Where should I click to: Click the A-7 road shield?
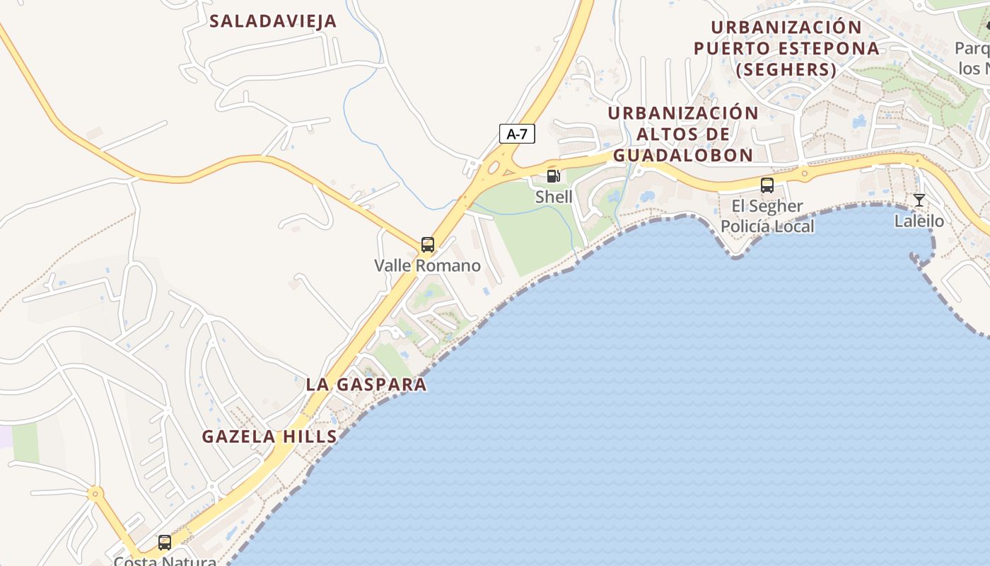click(517, 134)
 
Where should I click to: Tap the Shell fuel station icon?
click(553, 176)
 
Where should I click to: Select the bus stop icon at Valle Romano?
click(427, 245)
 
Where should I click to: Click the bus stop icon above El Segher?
click(767, 185)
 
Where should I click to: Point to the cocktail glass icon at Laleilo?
click(919, 200)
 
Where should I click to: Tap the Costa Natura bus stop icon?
click(164, 543)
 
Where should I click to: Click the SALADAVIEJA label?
click(273, 21)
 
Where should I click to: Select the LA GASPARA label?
click(366, 384)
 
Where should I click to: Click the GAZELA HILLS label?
click(269, 437)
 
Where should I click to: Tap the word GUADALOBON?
click(682, 155)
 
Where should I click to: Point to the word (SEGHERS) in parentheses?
click(786, 69)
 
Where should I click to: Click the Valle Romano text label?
click(427, 266)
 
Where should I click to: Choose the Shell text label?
click(554, 197)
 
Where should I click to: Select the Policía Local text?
click(767, 226)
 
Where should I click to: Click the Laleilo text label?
click(919, 221)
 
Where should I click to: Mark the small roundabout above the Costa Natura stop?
click(95, 493)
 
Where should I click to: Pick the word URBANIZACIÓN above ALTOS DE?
click(682, 113)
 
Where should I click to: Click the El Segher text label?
click(767, 206)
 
